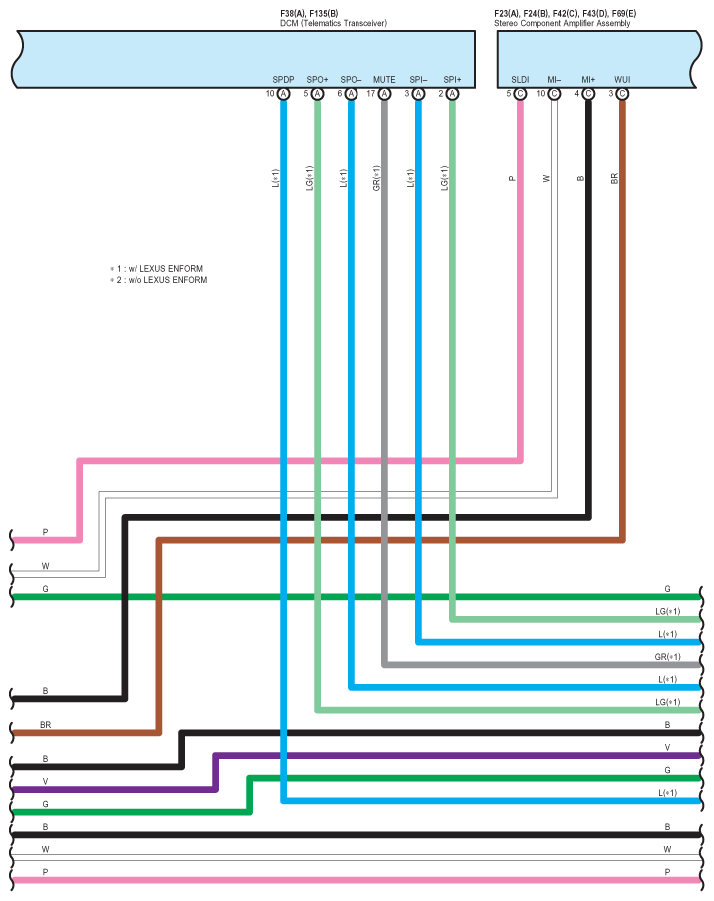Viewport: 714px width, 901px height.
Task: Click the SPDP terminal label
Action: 284,79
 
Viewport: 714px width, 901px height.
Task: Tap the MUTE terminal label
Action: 384,79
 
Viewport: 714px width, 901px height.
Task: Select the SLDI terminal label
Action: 520,79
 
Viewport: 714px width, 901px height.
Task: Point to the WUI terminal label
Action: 622,79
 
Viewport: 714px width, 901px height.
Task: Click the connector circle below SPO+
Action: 318,94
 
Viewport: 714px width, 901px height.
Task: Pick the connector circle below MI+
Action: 588,94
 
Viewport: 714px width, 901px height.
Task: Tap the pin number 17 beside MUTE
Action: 371,94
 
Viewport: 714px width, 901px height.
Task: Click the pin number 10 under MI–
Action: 541,94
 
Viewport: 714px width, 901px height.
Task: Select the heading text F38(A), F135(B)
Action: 309,13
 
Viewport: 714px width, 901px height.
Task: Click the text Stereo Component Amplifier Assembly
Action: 562,23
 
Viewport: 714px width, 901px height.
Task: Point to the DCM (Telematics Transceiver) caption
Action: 334,23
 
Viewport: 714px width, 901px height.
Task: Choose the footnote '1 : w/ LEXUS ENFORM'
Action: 162,269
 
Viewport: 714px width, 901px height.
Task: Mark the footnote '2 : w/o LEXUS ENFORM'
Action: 164,280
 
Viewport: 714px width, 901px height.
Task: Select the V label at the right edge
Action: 667,747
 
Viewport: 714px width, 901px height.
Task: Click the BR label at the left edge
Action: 46,724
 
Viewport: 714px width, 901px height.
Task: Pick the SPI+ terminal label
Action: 452,79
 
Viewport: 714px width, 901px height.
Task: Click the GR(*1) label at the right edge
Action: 667,657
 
